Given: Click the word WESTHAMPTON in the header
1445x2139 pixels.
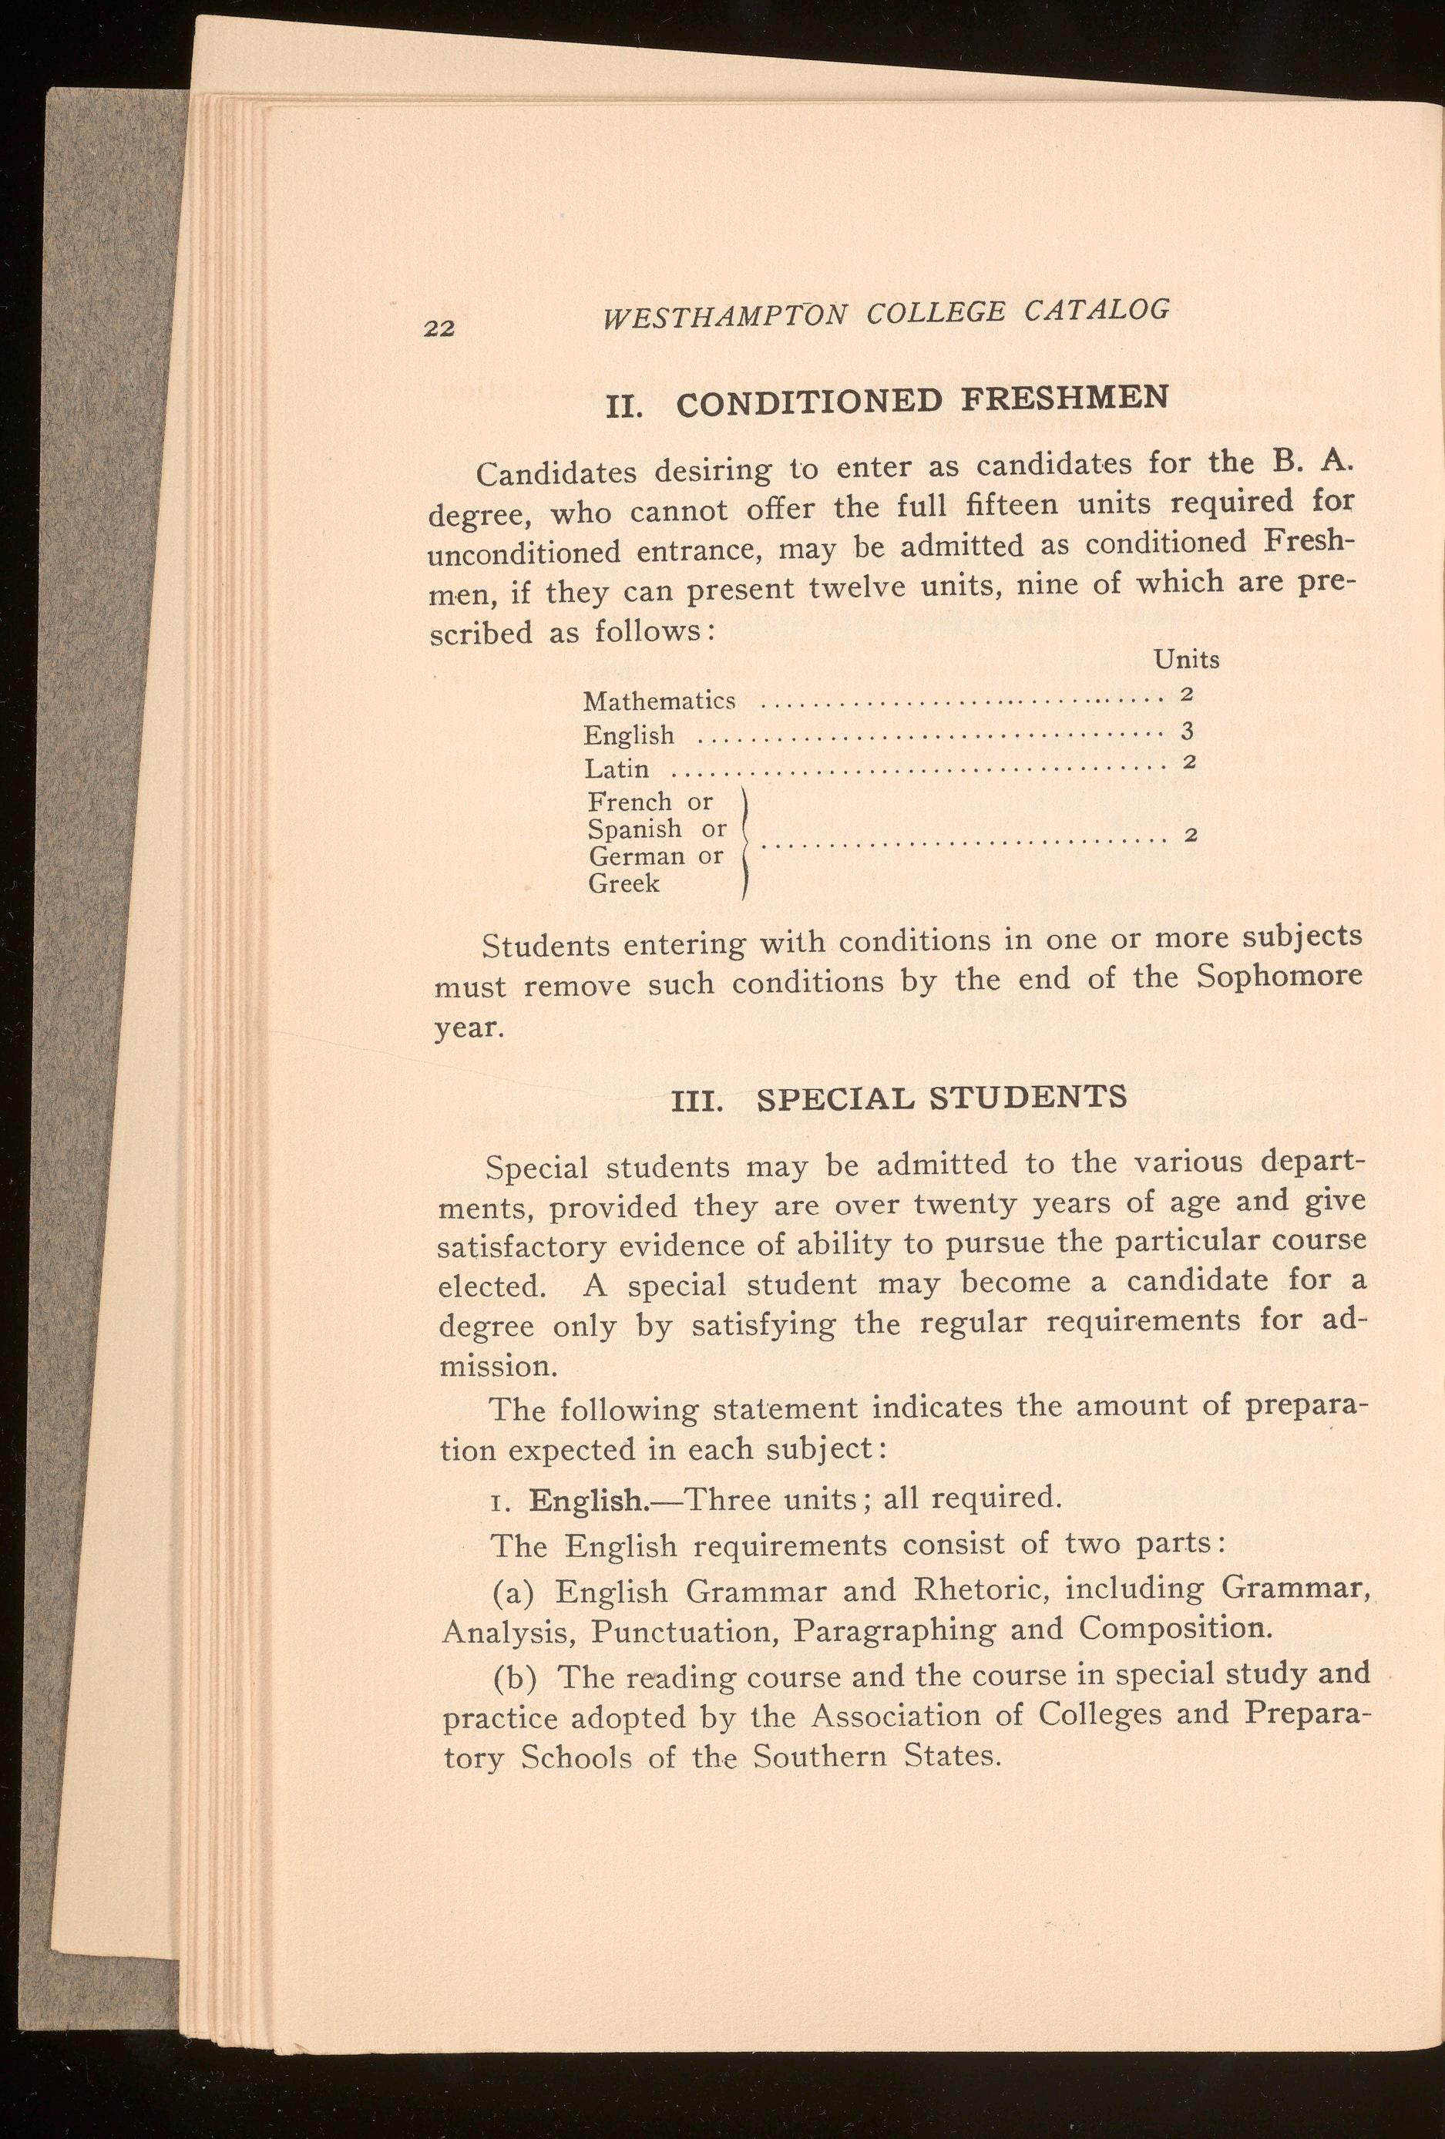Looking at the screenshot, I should tap(721, 319).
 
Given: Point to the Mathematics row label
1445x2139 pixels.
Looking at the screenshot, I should tap(659, 701).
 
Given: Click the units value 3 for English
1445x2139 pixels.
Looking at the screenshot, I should tap(1188, 731).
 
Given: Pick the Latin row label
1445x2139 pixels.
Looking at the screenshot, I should tap(616, 768).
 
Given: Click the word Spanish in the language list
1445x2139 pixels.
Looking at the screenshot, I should tap(635, 829).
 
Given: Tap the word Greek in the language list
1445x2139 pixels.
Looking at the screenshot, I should tap(624, 883).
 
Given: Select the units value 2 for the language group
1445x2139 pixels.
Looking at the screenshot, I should tap(1189, 836).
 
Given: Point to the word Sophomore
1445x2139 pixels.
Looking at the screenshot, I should tap(1279, 976).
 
